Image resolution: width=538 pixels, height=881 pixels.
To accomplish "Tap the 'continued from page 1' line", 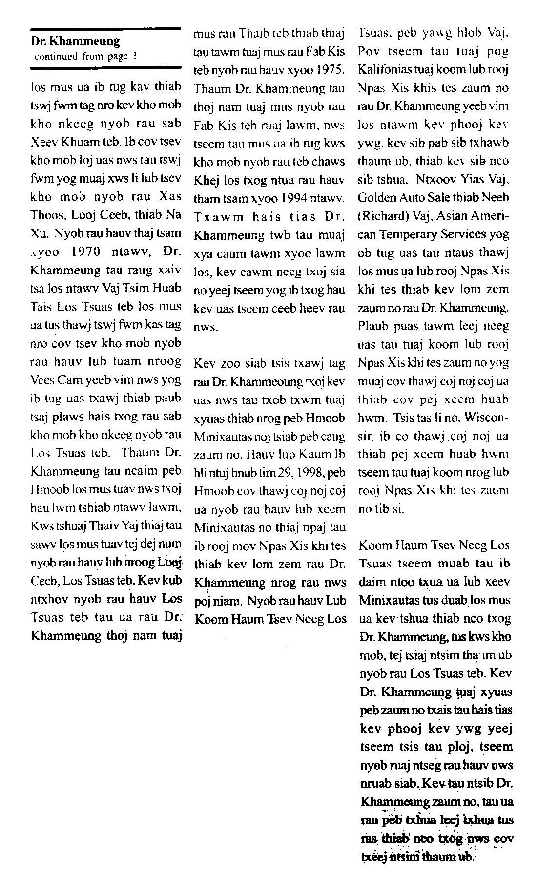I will [85, 56].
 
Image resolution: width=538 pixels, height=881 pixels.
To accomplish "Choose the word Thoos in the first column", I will [46, 215].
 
